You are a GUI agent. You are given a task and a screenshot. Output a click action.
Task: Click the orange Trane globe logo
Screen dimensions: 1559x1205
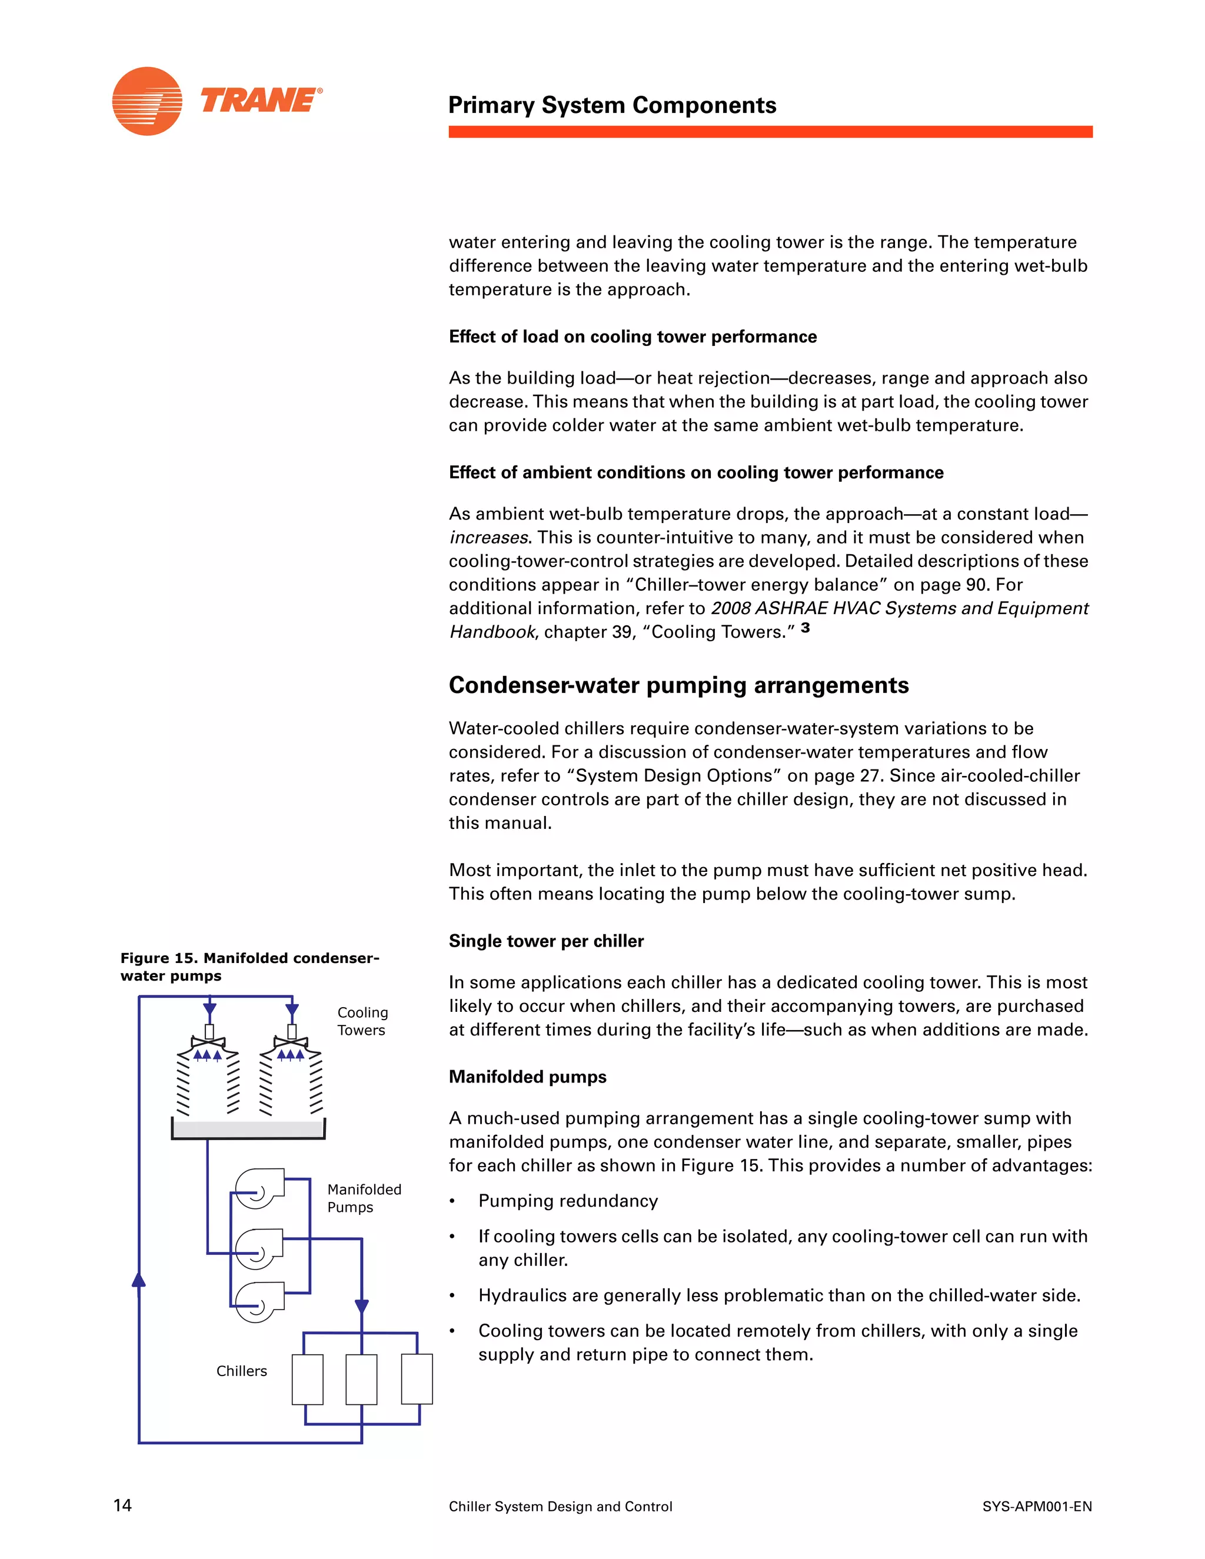[x=147, y=101]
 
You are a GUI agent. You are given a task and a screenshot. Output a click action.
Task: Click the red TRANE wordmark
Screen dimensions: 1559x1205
[x=261, y=101]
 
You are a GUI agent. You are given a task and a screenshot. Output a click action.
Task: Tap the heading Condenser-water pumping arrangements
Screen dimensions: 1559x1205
[x=678, y=685]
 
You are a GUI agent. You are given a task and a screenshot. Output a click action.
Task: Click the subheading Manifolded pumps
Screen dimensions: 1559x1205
[x=528, y=1077]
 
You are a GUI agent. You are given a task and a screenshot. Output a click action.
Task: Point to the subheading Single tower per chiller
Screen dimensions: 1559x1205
[x=546, y=941]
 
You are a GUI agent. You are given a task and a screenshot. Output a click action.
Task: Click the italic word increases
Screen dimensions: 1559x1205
[x=488, y=538]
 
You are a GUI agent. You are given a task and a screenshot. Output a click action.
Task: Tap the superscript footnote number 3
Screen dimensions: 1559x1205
[x=805, y=628]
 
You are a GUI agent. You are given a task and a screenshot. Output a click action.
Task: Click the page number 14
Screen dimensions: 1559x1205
[x=123, y=1505]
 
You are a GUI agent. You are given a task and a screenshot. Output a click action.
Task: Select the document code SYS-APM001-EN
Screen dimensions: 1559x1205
[x=1037, y=1506]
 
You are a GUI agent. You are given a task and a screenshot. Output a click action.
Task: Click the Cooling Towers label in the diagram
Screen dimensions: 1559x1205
[x=362, y=1021]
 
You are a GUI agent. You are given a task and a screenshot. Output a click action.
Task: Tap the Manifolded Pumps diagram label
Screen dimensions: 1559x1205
[x=364, y=1198]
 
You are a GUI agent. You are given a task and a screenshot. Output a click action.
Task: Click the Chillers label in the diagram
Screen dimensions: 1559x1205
[x=241, y=1371]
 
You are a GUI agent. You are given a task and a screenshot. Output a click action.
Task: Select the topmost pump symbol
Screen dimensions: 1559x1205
[x=259, y=1188]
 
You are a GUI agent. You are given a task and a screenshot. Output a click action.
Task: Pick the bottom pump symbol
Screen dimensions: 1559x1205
[x=259, y=1302]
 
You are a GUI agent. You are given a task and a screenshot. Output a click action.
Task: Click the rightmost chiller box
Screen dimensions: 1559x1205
[x=417, y=1379]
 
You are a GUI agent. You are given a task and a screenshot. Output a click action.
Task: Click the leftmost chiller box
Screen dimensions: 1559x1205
[x=307, y=1379]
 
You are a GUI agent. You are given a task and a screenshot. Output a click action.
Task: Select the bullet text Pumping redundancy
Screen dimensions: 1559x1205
[x=568, y=1201]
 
